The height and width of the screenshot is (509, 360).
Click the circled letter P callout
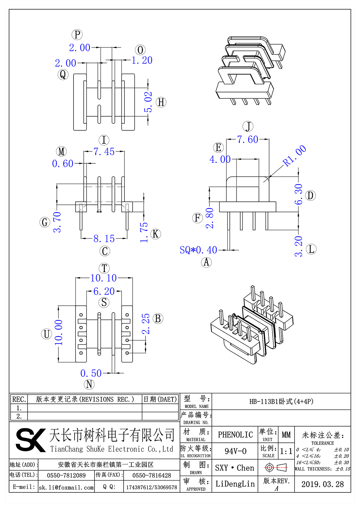click(x=77, y=34)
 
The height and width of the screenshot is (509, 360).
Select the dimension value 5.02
click(x=148, y=102)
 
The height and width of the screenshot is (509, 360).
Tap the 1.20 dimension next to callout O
click(x=142, y=60)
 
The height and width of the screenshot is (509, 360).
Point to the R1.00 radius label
click(x=295, y=156)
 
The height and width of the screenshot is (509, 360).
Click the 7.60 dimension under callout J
click(x=247, y=139)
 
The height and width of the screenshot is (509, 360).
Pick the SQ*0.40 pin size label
click(x=198, y=250)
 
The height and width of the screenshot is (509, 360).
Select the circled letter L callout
click(x=311, y=249)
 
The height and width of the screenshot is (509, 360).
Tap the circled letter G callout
click(x=45, y=222)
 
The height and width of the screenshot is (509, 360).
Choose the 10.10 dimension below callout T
click(x=103, y=278)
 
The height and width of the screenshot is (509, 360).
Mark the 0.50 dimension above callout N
click(x=91, y=373)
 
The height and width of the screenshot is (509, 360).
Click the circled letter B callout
click(x=158, y=319)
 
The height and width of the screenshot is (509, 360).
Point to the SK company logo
click(x=30, y=440)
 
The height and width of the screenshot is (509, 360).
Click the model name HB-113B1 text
click(x=281, y=401)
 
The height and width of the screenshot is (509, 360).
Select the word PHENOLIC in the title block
click(x=235, y=435)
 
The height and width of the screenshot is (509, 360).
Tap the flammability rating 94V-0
click(x=235, y=451)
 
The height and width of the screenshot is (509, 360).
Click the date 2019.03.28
click(x=322, y=484)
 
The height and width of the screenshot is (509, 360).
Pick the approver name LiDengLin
click(x=235, y=484)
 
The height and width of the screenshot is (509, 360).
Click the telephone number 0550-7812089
click(x=66, y=475)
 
